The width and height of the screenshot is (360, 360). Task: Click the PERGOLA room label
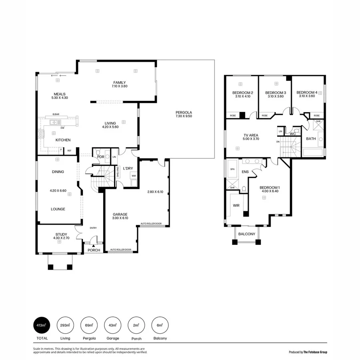184,113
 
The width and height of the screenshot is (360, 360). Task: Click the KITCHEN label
63,140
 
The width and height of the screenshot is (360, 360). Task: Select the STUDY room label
61,234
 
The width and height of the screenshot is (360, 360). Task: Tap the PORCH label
94,250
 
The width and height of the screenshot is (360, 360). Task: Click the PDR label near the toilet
101,157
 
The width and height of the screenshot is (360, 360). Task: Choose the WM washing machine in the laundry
134,176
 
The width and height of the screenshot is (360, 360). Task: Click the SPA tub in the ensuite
232,170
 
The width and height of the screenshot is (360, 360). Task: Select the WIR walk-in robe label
236,206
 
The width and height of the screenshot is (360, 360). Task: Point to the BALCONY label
246,234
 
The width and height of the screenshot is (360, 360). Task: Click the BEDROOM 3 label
275,93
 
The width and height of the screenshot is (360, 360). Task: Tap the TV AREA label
251,136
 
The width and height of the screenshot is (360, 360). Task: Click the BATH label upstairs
311,139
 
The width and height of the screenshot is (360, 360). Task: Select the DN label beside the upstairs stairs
278,142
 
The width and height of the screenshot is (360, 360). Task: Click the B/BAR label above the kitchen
56,115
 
